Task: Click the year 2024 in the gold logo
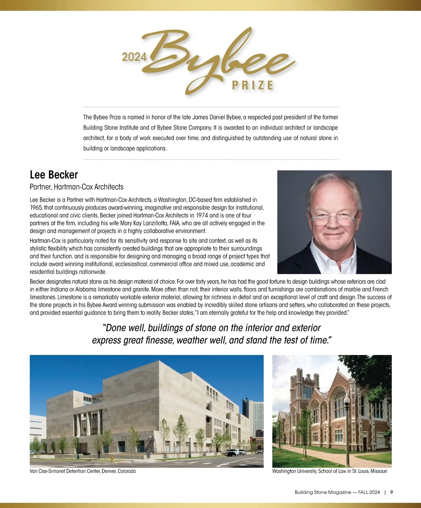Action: point(134,57)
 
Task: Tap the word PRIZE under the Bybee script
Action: point(252,85)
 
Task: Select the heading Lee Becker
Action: point(54,174)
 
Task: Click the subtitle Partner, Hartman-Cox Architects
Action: point(76,187)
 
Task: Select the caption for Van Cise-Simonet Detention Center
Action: point(83,471)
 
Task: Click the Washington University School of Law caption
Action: point(329,471)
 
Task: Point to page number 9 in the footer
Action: point(392,492)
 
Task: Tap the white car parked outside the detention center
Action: point(233,452)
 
